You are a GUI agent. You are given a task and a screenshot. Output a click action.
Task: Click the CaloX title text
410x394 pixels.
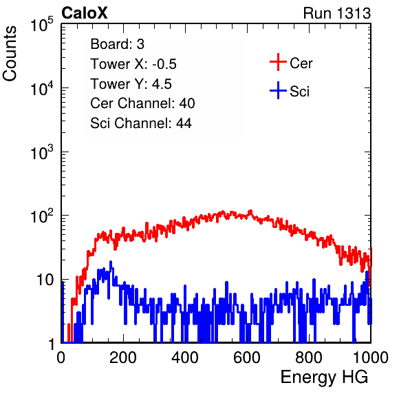coord(85,13)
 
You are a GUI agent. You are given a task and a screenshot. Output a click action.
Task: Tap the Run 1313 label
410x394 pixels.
coord(337,13)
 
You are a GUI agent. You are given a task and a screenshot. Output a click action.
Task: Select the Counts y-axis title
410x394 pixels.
coord(10,54)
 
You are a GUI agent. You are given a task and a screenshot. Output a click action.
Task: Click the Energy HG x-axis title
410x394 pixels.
coord(324,377)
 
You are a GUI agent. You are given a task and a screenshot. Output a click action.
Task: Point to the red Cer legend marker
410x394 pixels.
coord(278,62)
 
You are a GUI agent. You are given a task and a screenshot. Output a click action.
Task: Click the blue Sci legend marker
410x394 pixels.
coord(278,90)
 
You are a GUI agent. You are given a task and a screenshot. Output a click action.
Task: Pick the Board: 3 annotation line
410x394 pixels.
coord(117,44)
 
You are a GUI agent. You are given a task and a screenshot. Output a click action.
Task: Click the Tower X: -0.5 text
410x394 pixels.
coord(133,64)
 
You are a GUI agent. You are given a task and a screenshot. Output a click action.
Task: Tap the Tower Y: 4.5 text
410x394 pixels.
coord(131,84)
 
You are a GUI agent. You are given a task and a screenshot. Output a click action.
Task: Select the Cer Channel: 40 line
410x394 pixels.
coord(142,103)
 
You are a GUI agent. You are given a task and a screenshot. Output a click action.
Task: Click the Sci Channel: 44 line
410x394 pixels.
coord(141,123)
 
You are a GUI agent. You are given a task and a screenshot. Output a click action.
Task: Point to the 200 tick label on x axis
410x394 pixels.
coord(123,357)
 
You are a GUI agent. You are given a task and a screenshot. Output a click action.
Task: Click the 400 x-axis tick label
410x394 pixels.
coord(185,357)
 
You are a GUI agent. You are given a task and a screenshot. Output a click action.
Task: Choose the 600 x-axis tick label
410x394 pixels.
coord(247,357)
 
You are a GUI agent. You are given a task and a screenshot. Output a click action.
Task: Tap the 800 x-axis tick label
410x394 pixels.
coord(309,357)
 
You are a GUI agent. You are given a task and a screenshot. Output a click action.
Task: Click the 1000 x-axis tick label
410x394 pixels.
coord(371,357)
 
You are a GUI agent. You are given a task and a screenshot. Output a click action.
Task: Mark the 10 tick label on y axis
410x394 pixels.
coord(45,280)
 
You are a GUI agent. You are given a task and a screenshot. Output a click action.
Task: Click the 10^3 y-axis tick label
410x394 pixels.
coord(42,152)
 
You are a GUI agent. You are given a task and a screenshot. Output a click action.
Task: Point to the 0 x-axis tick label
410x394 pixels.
coord(61,357)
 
